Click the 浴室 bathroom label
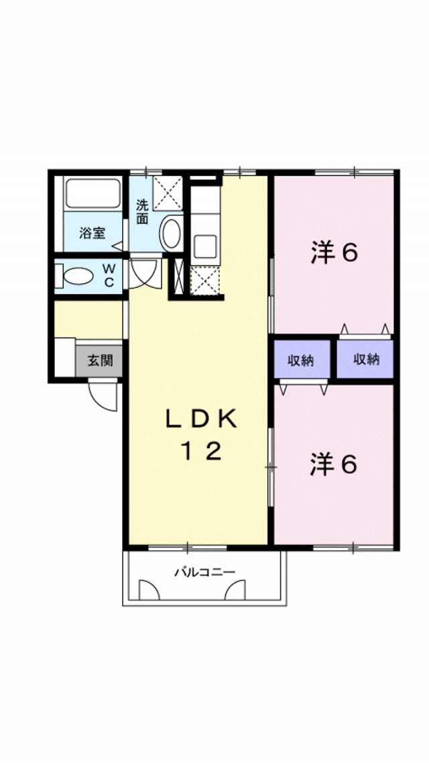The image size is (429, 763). point(93,233)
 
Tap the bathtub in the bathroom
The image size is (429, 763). point(93,194)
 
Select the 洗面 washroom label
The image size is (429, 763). point(142,211)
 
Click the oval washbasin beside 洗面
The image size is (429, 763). point(170,234)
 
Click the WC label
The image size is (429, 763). point(109,275)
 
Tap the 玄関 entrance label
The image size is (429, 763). point(100,360)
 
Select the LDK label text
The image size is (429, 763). point(201,419)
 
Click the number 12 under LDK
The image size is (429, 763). point(201,452)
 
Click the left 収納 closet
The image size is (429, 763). point(302,360)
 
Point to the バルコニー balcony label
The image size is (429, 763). point(204,572)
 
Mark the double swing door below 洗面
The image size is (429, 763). point(144,274)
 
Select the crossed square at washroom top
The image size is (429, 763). point(168,193)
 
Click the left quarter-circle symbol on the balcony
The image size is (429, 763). point(149,590)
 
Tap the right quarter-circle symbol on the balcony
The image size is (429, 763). point(236,590)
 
